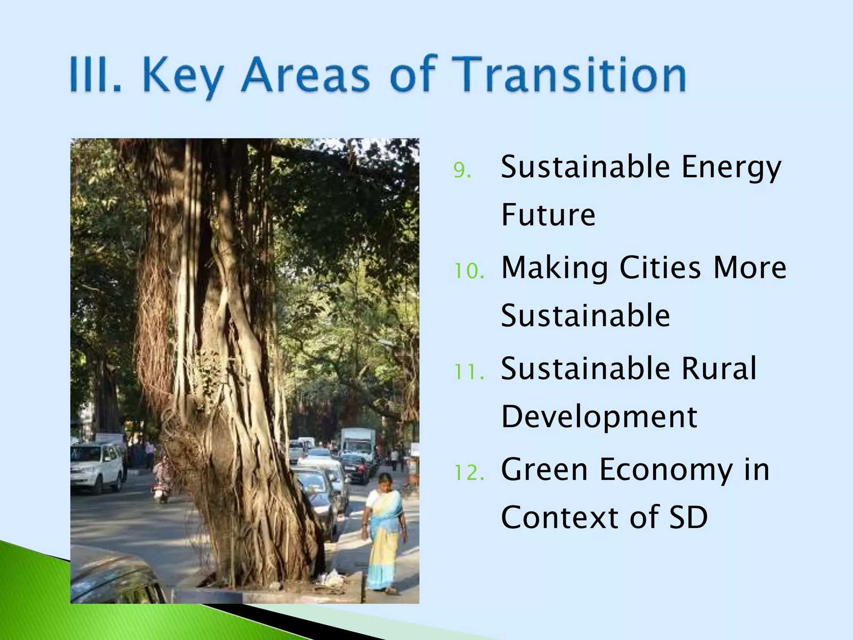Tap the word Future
548,215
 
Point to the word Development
599,417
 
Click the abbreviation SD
688,517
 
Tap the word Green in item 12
544,470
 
